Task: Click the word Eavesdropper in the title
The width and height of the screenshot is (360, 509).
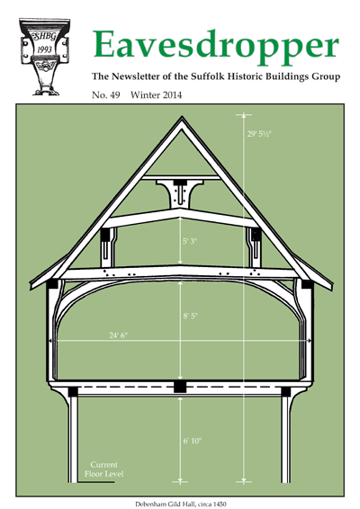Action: [x=216, y=48]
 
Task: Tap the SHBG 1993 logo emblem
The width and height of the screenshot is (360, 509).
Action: [x=44, y=57]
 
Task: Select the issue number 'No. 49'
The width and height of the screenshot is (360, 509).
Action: [x=106, y=95]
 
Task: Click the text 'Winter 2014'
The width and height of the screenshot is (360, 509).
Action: [x=157, y=95]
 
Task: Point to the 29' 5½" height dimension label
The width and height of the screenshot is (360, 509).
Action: [x=259, y=134]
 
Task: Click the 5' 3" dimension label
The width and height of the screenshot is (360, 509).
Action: [x=190, y=241]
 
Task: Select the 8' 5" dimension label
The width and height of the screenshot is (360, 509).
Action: [x=190, y=316]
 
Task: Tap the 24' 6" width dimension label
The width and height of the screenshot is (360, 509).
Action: [x=118, y=335]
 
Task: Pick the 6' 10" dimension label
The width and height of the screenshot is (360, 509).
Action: [x=193, y=441]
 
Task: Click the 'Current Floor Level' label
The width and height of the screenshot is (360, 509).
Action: [x=104, y=469]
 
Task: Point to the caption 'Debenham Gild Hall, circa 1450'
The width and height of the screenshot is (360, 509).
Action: [x=181, y=505]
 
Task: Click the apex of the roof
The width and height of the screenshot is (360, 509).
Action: [x=182, y=118]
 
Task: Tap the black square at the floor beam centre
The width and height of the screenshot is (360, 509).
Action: [x=180, y=387]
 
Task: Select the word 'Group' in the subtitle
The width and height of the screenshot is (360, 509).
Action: [x=326, y=77]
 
